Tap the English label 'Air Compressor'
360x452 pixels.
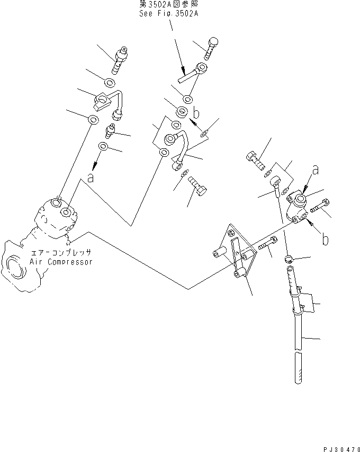[61, 262]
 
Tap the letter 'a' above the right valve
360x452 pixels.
[316, 170]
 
